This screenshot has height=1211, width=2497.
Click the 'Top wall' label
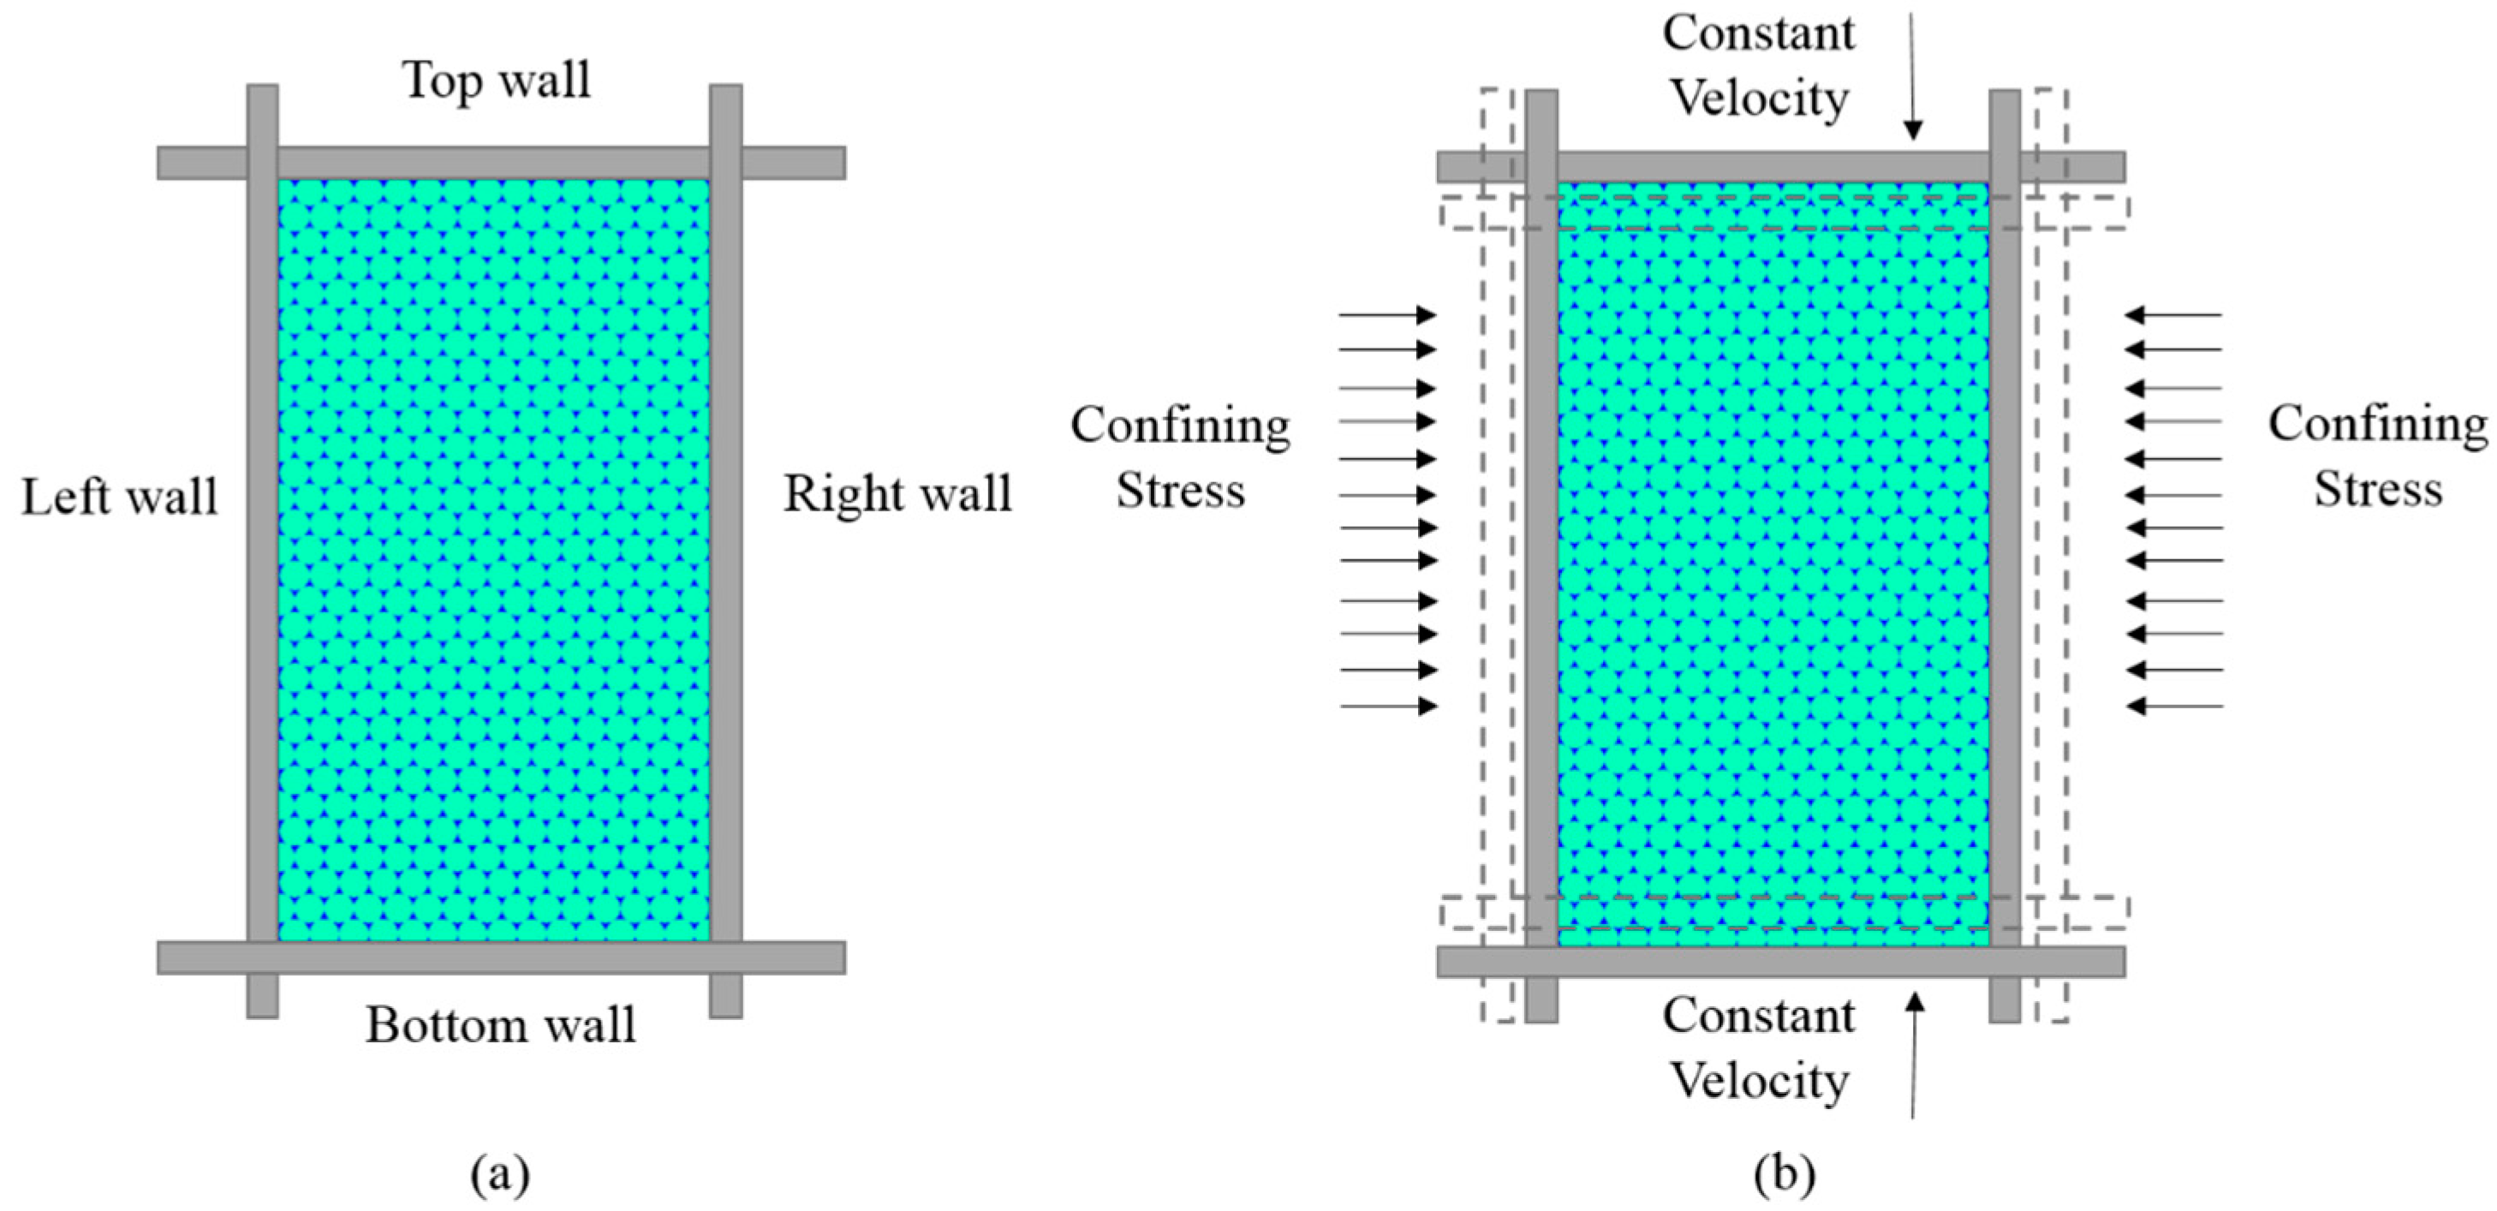click(x=497, y=80)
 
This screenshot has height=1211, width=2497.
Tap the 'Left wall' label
click(x=119, y=498)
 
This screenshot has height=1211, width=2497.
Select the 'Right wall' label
click(x=897, y=493)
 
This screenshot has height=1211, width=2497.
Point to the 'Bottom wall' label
click(x=500, y=1025)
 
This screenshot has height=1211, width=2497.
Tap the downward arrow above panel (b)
click(x=1912, y=78)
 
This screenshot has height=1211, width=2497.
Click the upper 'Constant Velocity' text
click(x=1758, y=66)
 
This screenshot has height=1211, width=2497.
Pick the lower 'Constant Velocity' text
click(x=1758, y=1048)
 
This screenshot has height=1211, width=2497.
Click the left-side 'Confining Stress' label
click(x=1180, y=456)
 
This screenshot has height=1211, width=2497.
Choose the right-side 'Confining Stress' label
click(x=2378, y=456)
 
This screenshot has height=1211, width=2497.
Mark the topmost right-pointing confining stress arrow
click(x=1387, y=314)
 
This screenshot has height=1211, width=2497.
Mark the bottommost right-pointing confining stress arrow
click(x=1388, y=706)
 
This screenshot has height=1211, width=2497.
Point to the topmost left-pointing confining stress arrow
click(x=2173, y=314)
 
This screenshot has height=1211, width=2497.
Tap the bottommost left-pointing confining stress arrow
click(x=2174, y=706)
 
